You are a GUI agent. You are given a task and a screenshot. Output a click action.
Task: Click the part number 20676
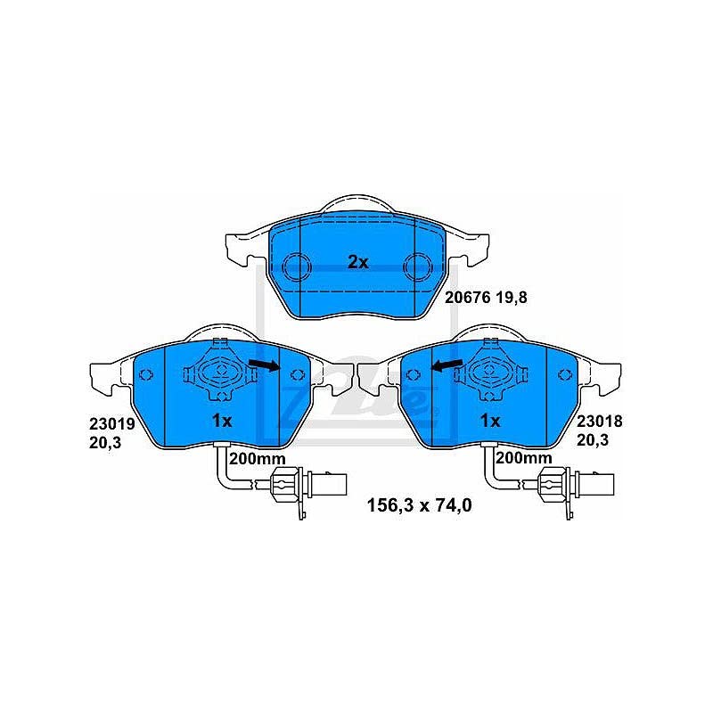click(x=467, y=298)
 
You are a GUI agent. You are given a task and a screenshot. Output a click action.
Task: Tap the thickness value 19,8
click(x=511, y=298)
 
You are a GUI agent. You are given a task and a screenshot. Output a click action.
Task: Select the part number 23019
click(x=112, y=424)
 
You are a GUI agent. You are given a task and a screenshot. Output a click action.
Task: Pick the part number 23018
click(x=599, y=422)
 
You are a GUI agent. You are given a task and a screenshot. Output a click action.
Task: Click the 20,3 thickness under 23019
click(x=105, y=442)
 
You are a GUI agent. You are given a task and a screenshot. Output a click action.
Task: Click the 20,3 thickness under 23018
click(x=593, y=440)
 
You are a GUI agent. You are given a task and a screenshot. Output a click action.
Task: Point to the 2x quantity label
click(x=358, y=262)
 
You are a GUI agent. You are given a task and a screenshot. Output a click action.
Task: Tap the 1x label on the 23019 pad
click(x=222, y=421)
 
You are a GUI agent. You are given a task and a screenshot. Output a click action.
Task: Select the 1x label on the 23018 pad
click(x=490, y=421)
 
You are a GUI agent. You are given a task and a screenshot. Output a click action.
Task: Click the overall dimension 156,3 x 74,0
click(x=419, y=505)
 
